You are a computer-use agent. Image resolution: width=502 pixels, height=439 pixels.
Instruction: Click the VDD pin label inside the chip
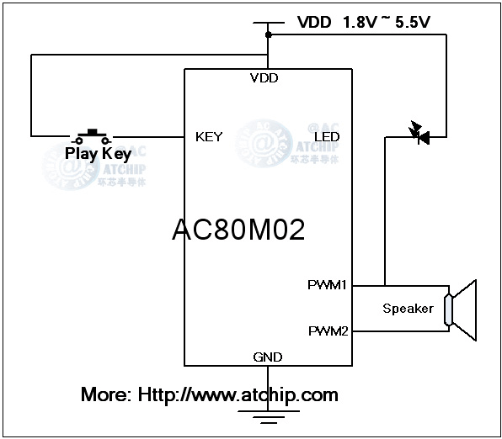coord(264,78)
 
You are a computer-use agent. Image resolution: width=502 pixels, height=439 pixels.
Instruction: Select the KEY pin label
coord(209,136)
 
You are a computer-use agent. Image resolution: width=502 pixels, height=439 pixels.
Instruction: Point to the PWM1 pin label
coord(328,285)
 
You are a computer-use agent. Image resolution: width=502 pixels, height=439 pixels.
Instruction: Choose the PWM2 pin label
coord(328,331)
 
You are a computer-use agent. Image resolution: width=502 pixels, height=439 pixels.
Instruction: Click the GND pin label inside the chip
coord(268,357)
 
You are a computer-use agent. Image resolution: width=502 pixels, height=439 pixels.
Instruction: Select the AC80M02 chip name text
coord(238,230)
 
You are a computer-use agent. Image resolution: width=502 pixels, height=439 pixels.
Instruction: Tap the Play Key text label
coord(98,154)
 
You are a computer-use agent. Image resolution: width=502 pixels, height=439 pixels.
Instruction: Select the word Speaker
coord(408,309)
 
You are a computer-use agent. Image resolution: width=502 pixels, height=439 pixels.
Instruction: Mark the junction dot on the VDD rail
coord(268,35)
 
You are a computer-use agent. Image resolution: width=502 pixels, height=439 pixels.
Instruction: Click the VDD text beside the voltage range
coord(314,22)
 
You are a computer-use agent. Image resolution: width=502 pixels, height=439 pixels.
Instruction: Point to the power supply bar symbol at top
coord(268,23)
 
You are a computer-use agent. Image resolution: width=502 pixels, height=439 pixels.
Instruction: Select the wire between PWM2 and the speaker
coord(400,331)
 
